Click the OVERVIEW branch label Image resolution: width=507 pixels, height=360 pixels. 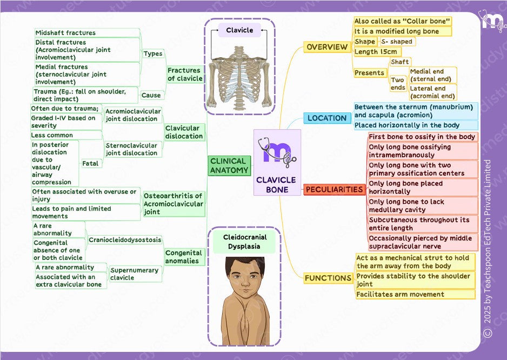coord(327,47)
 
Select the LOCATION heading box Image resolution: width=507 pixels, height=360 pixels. coord(327,118)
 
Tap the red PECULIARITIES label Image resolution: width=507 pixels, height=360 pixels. coord(334,190)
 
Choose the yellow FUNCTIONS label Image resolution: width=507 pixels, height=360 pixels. coord(328,278)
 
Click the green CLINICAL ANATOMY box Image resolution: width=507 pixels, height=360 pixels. coord(229,165)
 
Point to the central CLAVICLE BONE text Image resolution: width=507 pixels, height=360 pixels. coord(277,185)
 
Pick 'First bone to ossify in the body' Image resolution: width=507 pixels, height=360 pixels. coord(422,137)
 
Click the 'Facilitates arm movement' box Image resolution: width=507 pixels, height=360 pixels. coord(400,295)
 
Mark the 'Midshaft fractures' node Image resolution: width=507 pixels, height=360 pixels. coord(65,33)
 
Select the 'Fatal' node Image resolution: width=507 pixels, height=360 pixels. coord(91,163)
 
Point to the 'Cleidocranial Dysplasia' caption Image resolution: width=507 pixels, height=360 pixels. coord(244,242)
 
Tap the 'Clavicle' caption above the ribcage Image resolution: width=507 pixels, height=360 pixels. coord(239,30)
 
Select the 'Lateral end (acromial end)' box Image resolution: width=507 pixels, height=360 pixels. coord(432,92)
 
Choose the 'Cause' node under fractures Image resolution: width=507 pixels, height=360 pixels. coord(151,95)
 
